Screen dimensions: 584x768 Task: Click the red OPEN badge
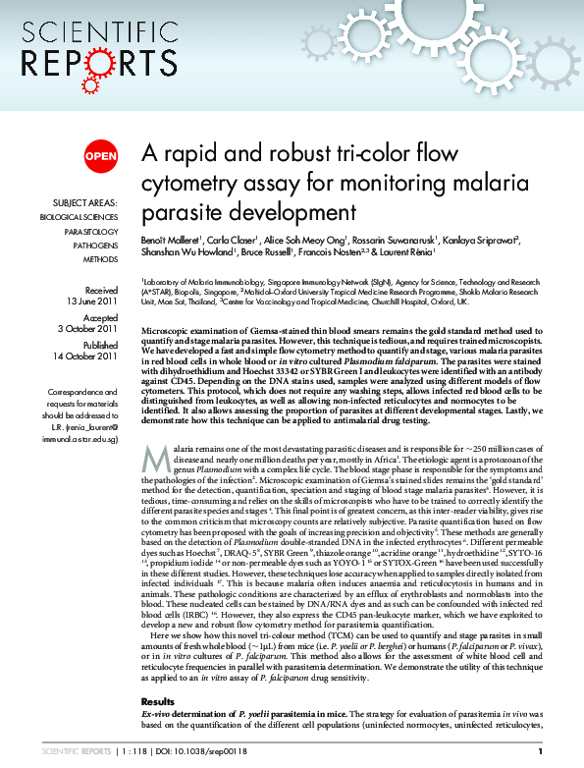tap(100, 155)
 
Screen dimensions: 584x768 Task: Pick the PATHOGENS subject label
tap(95, 245)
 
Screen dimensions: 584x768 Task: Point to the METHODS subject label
tap(100, 259)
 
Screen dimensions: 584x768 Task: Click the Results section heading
tap(159, 701)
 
